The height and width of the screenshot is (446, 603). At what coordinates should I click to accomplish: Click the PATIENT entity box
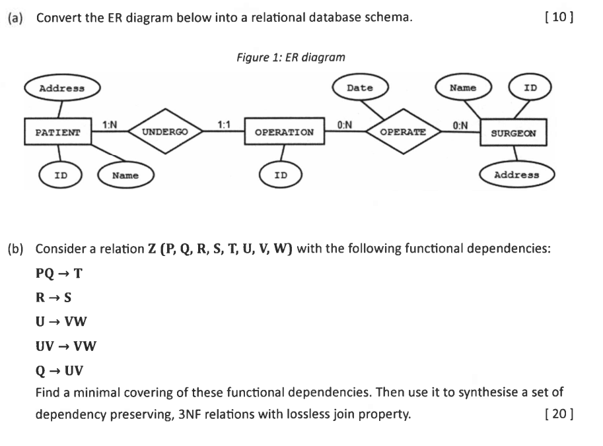57,132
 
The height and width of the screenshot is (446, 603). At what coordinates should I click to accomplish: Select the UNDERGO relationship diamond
164,132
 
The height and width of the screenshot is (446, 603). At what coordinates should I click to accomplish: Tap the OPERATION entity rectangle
284,132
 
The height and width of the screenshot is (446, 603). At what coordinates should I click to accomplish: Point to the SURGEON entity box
514,133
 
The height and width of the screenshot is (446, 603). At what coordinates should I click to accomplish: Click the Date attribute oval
360,88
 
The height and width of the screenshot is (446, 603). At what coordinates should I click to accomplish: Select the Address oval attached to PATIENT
62,88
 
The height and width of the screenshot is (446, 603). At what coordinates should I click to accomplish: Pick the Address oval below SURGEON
517,175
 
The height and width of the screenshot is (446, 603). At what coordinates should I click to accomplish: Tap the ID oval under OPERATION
281,175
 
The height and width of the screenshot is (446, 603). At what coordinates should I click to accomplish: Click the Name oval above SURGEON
463,88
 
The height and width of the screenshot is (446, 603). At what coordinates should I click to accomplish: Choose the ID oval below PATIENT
61,175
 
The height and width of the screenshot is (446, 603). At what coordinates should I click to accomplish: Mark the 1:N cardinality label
110,124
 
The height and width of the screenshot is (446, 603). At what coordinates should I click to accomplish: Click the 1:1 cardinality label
224,124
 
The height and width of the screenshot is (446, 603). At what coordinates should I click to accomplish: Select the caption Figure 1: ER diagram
291,57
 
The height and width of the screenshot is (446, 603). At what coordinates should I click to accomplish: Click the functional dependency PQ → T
59,272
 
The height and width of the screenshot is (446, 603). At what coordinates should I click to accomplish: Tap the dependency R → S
53,297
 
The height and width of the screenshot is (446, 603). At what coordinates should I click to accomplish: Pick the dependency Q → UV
59,369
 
